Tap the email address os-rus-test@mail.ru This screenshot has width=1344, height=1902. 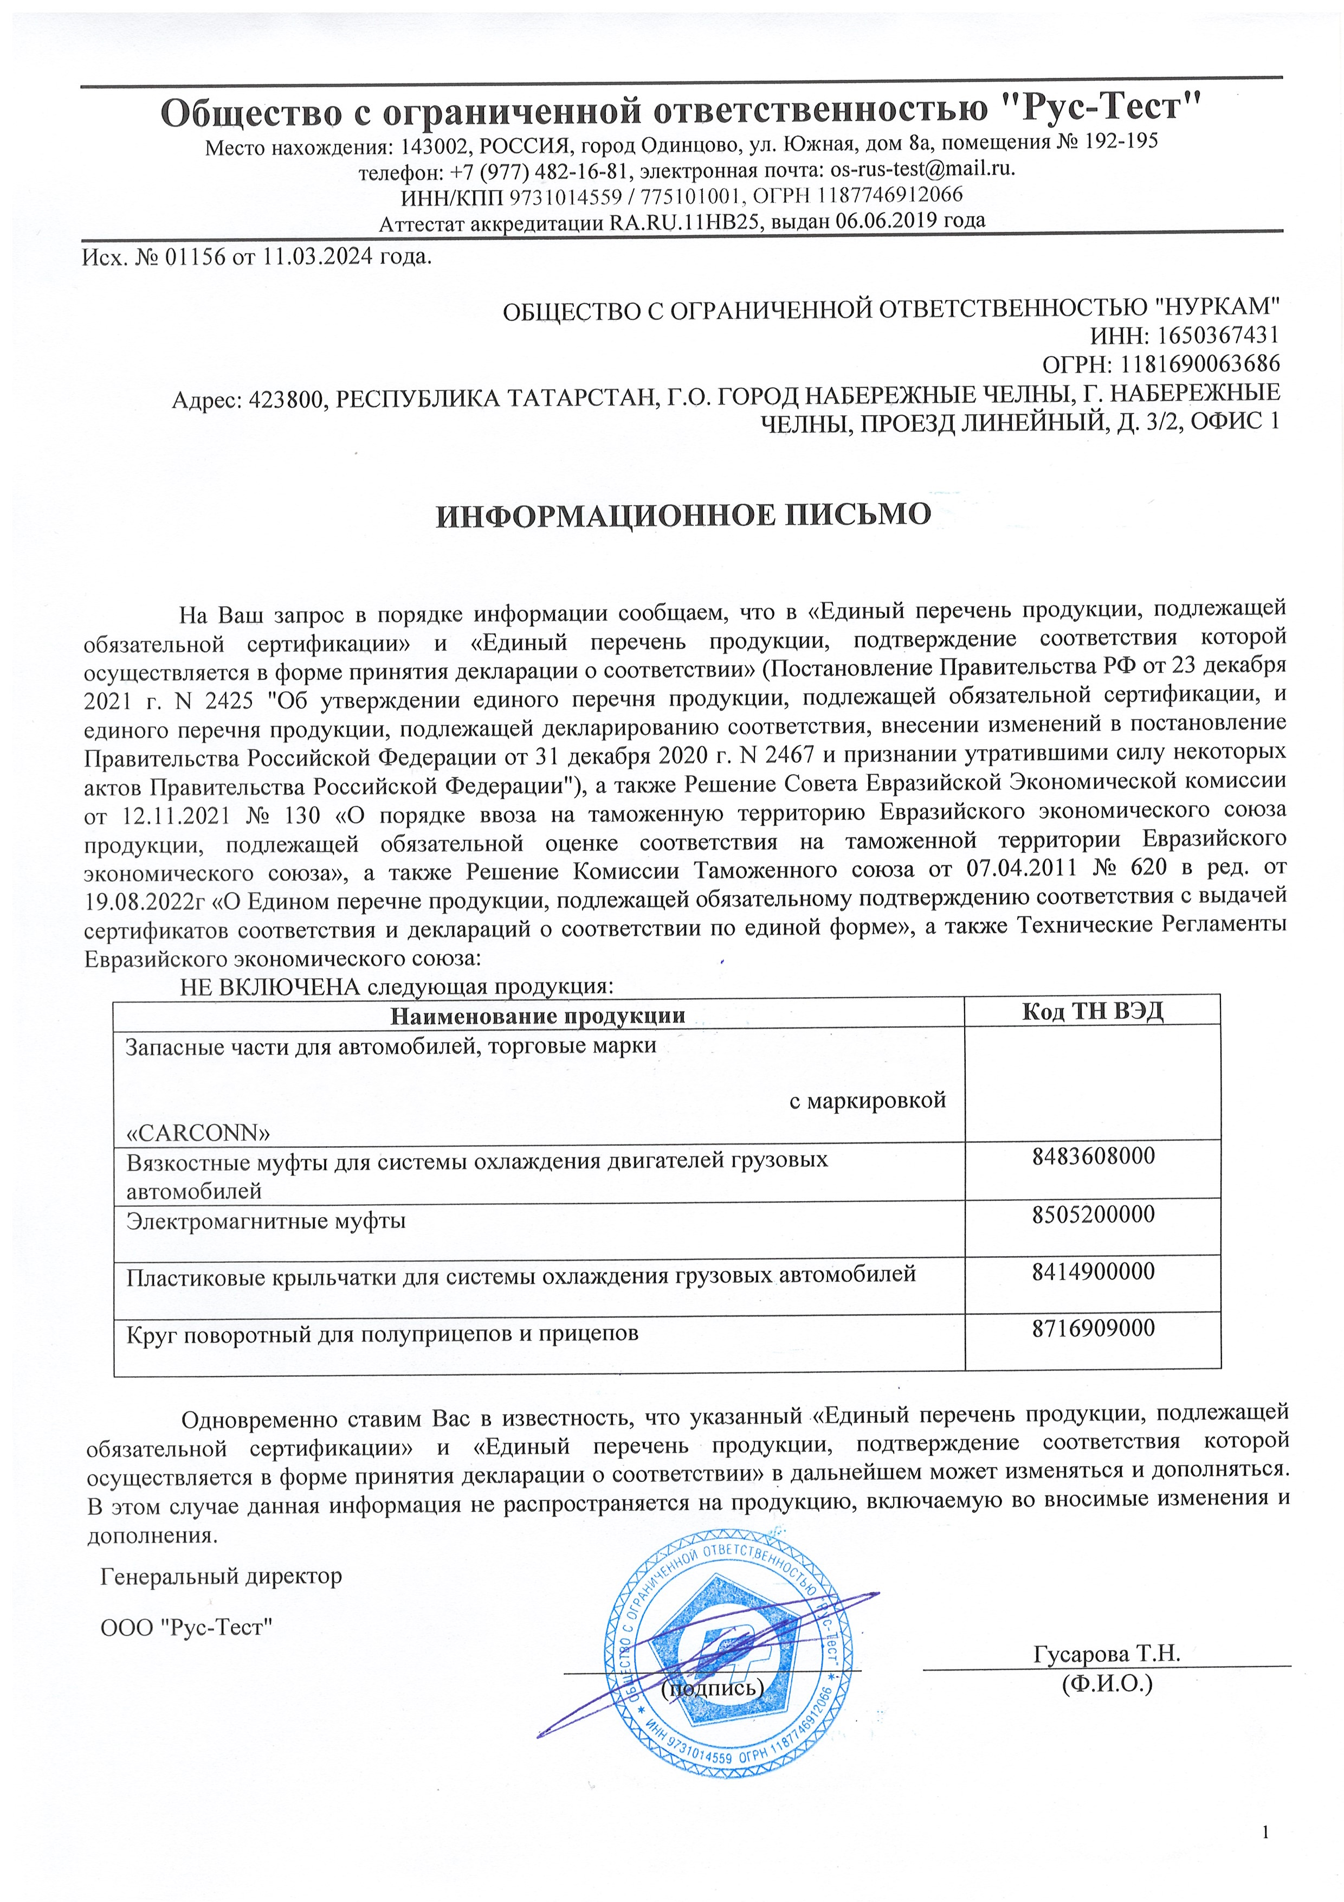pos(922,169)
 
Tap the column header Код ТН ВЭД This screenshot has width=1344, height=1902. pos(1092,1012)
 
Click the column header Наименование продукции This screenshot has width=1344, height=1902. pos(538,1015)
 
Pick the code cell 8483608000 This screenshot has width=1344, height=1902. pos(1093,1155)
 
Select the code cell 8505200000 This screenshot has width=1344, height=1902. pos(1093,1215)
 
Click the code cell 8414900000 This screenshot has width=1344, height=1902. pos(1093,1271)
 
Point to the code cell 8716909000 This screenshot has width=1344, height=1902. pos(1093,1328)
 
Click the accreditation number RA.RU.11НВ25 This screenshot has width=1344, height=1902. pos(686,222)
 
